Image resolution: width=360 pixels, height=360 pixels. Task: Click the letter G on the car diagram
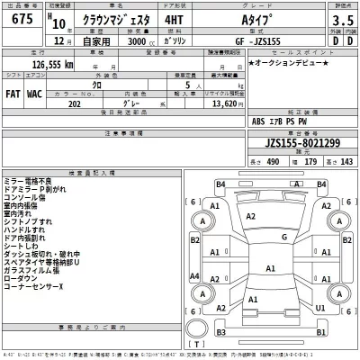(x=284, y=238)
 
